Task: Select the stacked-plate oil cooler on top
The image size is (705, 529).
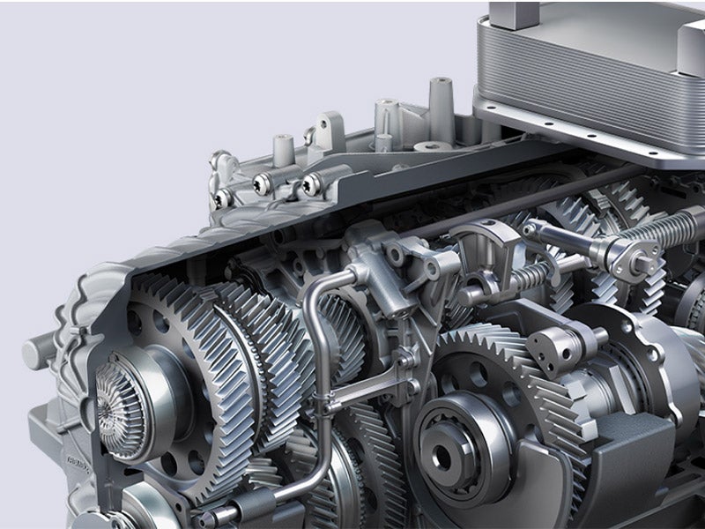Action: (x=590, y=66)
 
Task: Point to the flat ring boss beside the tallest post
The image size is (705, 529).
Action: (x=431, y=145)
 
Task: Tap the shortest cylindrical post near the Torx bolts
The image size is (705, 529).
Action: (x=282, y=150)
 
